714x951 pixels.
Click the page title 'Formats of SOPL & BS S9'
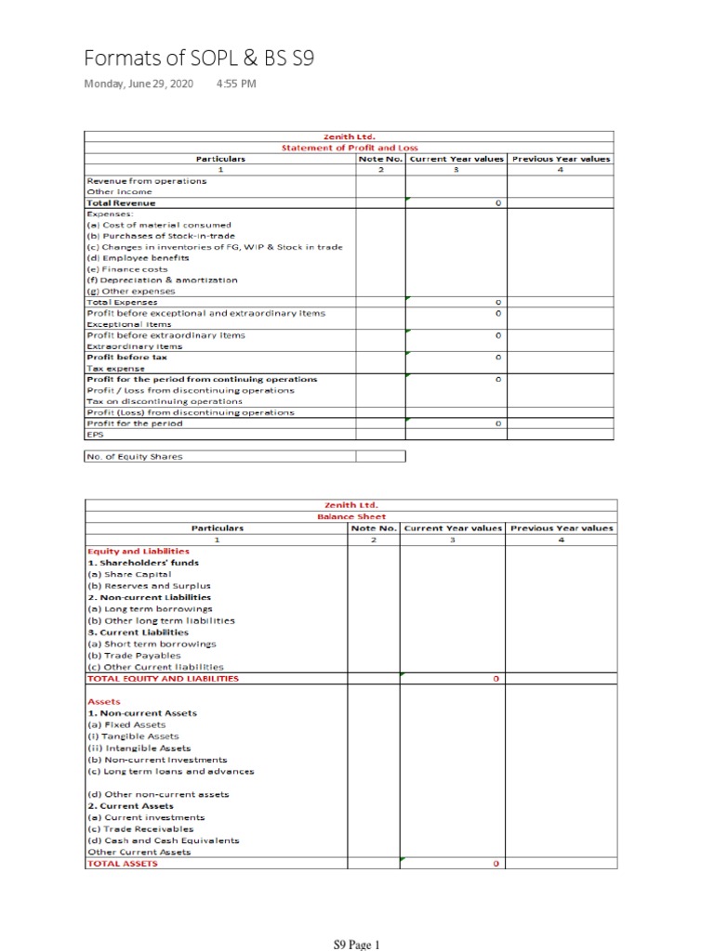click(x=199, y=59)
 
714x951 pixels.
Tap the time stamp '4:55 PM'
click(x=235, y=85)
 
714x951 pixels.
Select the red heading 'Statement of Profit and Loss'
click(x=350, y=148)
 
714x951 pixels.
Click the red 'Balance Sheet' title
click(x=351, y=516)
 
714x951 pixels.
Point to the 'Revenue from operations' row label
click(x=146, y=181)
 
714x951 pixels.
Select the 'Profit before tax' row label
click(x=121, y=358)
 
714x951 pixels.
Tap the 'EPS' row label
click(x=94, y=434)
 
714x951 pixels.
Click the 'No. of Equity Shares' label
click(x=135, y=456)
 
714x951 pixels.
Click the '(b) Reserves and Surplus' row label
click(x=149, y=586)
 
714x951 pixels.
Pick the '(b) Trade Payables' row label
click(x=134, y=655)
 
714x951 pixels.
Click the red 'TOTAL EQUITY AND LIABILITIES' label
click(x=163, y=678)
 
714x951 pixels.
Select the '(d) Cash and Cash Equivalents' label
click(x=163, y=840)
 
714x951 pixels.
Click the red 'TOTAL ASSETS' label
click(x=122, y=863)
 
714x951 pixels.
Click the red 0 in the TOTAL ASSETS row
click(x=497, y=864)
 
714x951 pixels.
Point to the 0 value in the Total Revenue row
click(x=498, y=202)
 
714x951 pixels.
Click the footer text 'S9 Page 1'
click(x=357, y=945)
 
